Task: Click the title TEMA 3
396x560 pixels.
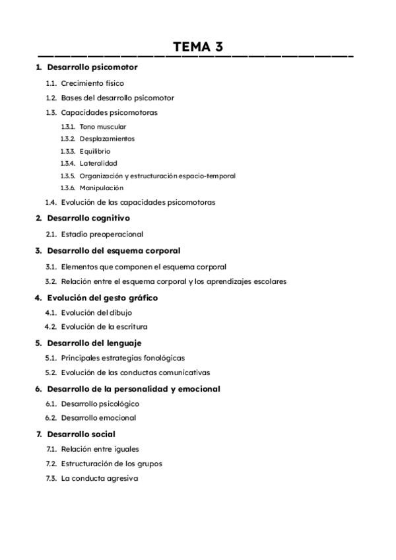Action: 197,46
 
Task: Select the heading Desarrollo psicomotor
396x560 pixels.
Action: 92,67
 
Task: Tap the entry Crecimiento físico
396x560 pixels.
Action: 92,83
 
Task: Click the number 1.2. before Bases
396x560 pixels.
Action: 51,98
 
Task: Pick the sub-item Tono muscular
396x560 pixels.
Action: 103,126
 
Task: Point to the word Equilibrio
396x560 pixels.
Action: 95,151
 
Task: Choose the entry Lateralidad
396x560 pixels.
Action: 98,163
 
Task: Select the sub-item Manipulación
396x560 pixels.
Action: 101,188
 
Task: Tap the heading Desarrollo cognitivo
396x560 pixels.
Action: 88,218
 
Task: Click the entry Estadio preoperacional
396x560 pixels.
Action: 102,234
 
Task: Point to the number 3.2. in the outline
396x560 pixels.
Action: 51,281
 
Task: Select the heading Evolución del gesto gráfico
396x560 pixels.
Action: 102,298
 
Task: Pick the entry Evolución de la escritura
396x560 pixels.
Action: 104,326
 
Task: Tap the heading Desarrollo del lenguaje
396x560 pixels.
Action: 94,343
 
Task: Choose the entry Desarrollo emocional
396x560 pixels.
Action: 98,417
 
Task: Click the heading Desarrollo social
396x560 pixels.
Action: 81,434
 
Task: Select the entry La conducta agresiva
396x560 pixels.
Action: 100,478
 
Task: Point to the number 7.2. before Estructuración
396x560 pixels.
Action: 51,464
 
